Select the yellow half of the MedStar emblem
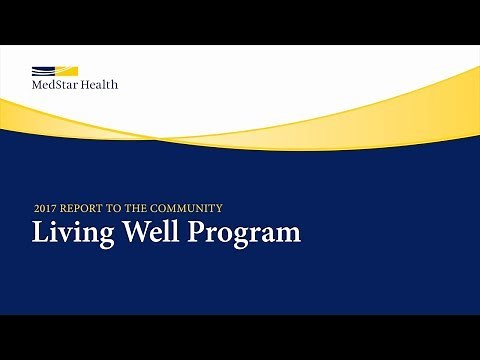click(66, 71)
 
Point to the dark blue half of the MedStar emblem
click(43, 71)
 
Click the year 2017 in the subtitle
click(45, 208)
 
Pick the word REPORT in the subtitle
click(82, 208)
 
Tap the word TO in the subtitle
click(116, 208)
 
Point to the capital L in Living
click(40, 233)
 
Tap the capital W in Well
click(126, 233)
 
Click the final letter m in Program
click(288, 236)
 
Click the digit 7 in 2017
click(55, 208)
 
